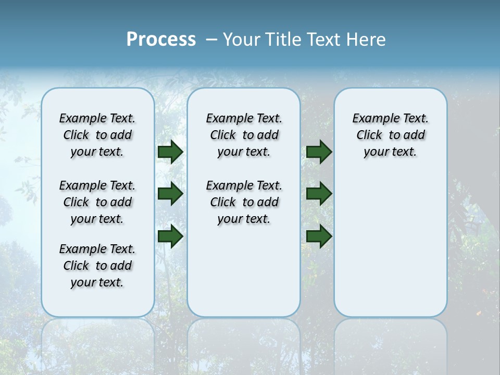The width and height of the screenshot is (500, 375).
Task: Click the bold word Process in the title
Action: tap(161, 40)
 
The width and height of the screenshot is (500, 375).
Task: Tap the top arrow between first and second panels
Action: tap(170, 152)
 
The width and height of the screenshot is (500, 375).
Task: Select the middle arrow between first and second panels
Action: tap(170, 194)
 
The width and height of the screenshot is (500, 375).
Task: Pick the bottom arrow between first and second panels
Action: tap(170, 236)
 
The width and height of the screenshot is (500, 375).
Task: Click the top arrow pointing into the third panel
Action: tap(319, 152)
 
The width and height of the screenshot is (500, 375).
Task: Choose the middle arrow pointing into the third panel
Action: tap(319, 194)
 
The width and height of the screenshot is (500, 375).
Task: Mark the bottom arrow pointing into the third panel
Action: tap(319, 236)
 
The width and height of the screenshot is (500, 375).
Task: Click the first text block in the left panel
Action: tap(97, 135)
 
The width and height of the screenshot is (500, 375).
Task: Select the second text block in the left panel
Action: tap(97, 202)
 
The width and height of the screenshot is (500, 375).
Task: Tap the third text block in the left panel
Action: tap(97, 266)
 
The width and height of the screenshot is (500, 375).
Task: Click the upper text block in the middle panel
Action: tap(244, 135)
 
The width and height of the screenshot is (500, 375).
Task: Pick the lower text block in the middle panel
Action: tap(244, 202)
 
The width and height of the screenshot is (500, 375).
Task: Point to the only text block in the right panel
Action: tap(390, 135)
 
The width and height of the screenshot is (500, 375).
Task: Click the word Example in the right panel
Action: tap(372, 119)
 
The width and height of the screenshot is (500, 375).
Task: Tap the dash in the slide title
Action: tap(211, 40)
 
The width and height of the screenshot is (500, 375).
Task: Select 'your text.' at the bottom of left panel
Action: tap(97, 282)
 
